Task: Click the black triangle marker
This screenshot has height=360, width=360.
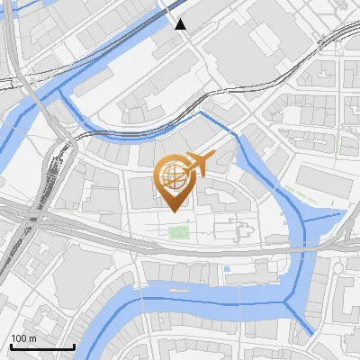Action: (181, 24)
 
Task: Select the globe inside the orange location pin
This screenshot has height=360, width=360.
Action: (174, 175)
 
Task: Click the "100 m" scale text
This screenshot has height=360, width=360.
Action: (23, 338)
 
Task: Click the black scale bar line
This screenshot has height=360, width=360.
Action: (42, 346)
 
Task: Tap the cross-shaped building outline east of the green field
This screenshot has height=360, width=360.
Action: (242, 230)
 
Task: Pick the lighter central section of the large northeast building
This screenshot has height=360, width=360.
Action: (265, 37)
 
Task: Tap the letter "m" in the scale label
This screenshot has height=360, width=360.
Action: (33, 338)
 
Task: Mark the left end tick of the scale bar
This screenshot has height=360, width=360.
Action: (11, 346)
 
